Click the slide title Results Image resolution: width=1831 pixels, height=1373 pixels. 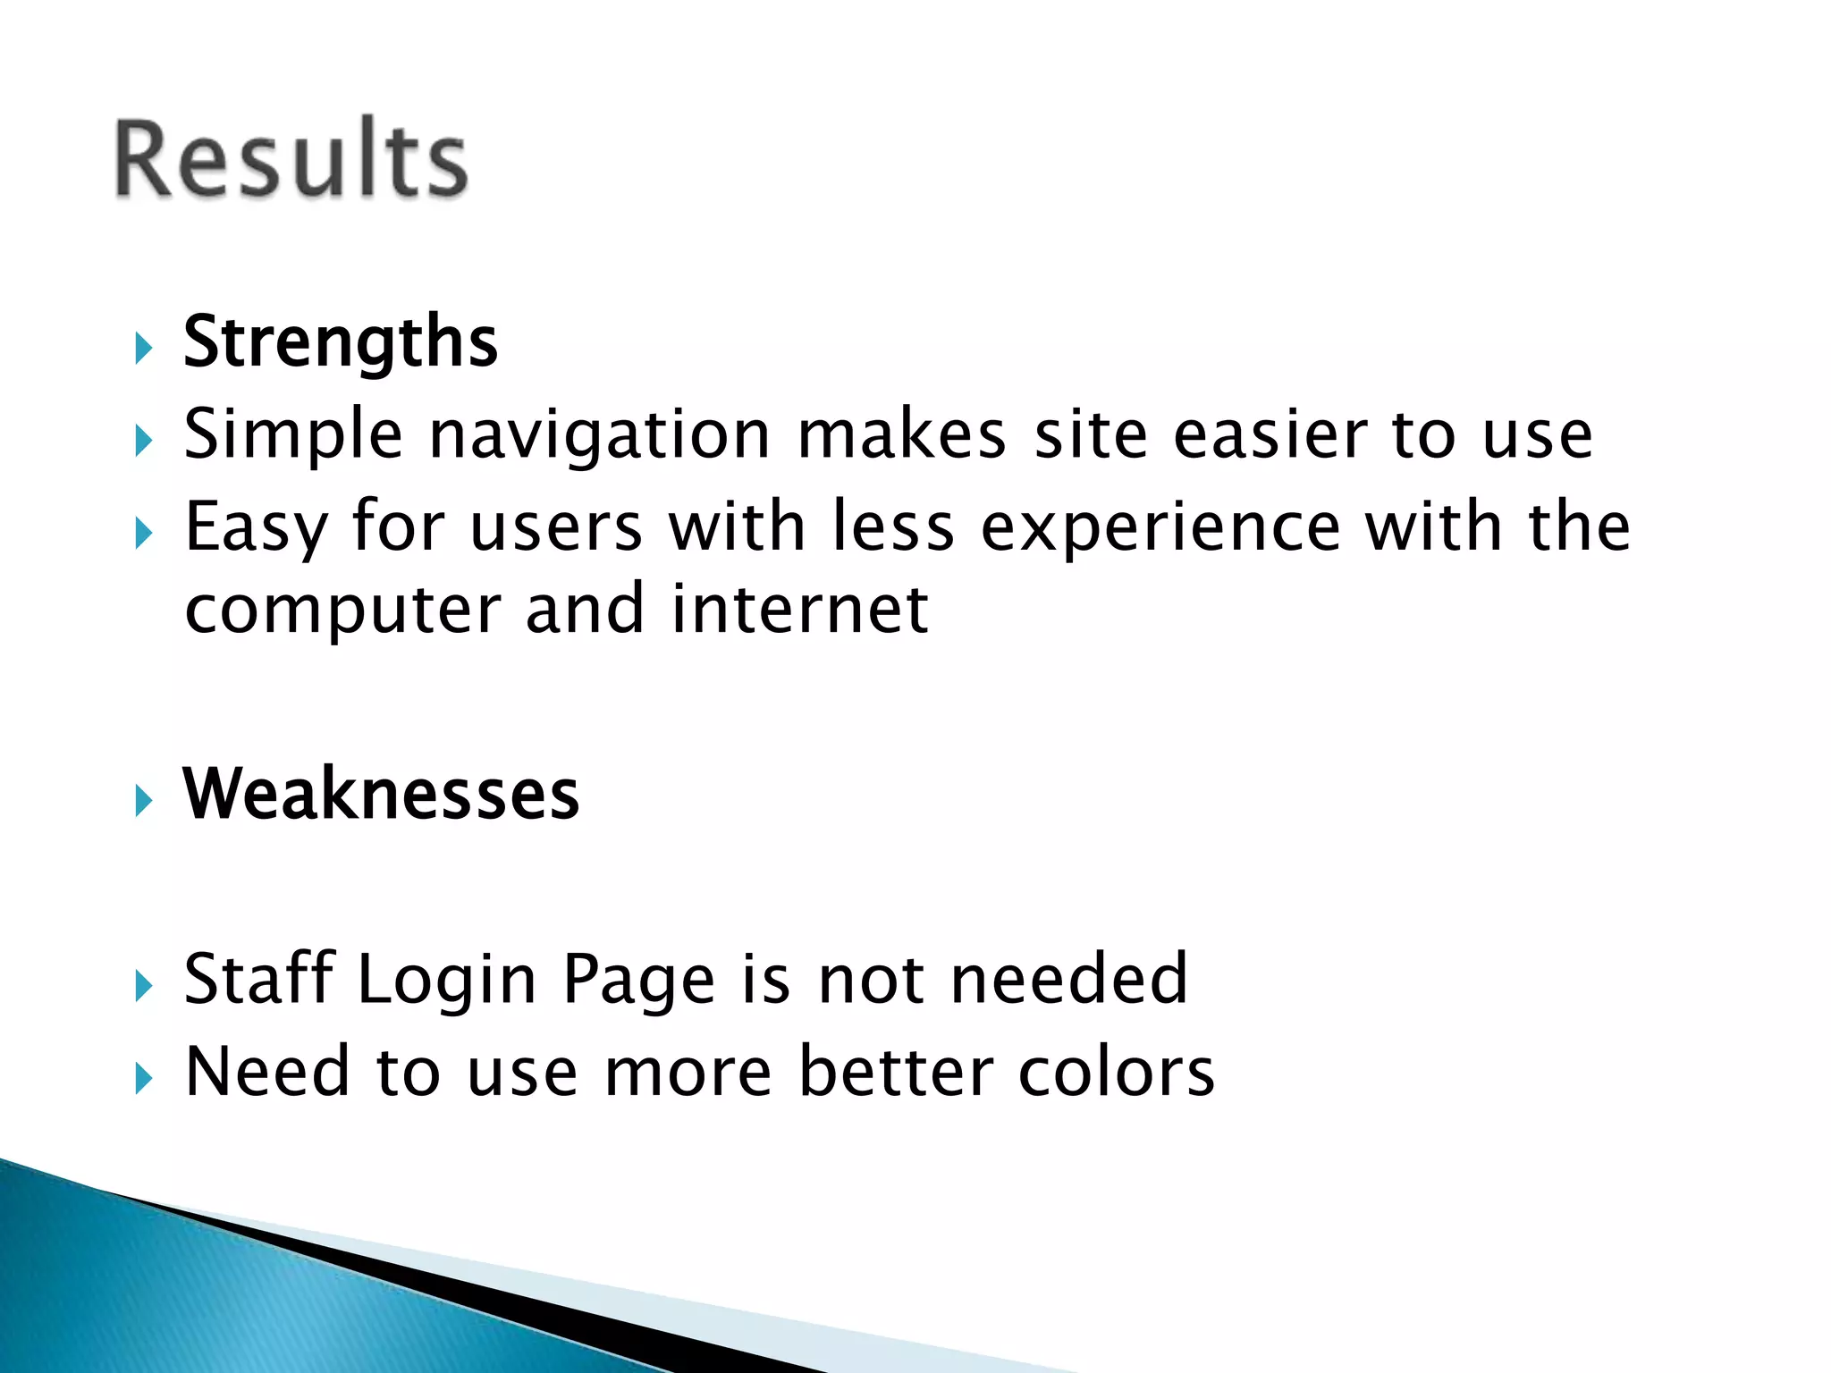291,158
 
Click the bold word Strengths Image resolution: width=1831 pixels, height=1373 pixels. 340,341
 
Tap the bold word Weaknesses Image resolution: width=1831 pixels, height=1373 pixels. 381,794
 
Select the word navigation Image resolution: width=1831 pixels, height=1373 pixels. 599,435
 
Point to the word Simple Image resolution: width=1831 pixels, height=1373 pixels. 293,435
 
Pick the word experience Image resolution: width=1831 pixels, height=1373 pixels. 1160,527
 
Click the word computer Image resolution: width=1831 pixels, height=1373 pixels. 342,611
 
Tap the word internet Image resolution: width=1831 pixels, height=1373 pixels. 800,610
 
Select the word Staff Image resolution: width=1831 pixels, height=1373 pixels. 258,979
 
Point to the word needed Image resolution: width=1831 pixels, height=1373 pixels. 1069,979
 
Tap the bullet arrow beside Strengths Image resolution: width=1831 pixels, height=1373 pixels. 143,348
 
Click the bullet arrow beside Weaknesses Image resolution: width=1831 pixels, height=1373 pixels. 143,800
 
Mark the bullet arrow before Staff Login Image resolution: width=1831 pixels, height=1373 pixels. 143,986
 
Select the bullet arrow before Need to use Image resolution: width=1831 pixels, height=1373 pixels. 143,1079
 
